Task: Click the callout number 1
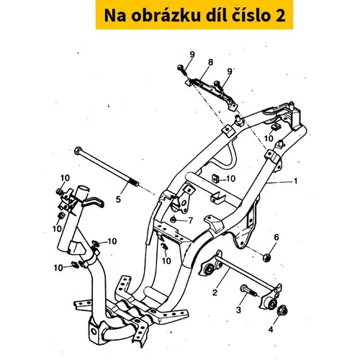296,181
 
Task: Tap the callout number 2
215,292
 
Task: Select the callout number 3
238,310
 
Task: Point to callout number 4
271,330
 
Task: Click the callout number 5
118,199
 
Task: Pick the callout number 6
276,238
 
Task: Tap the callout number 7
191,220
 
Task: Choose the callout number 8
210,62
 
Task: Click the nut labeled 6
267,257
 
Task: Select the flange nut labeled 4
282,310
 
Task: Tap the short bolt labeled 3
248,291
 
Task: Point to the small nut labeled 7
172,219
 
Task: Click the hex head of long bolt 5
78,150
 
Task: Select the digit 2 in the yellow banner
279,16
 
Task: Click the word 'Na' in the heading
114,16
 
